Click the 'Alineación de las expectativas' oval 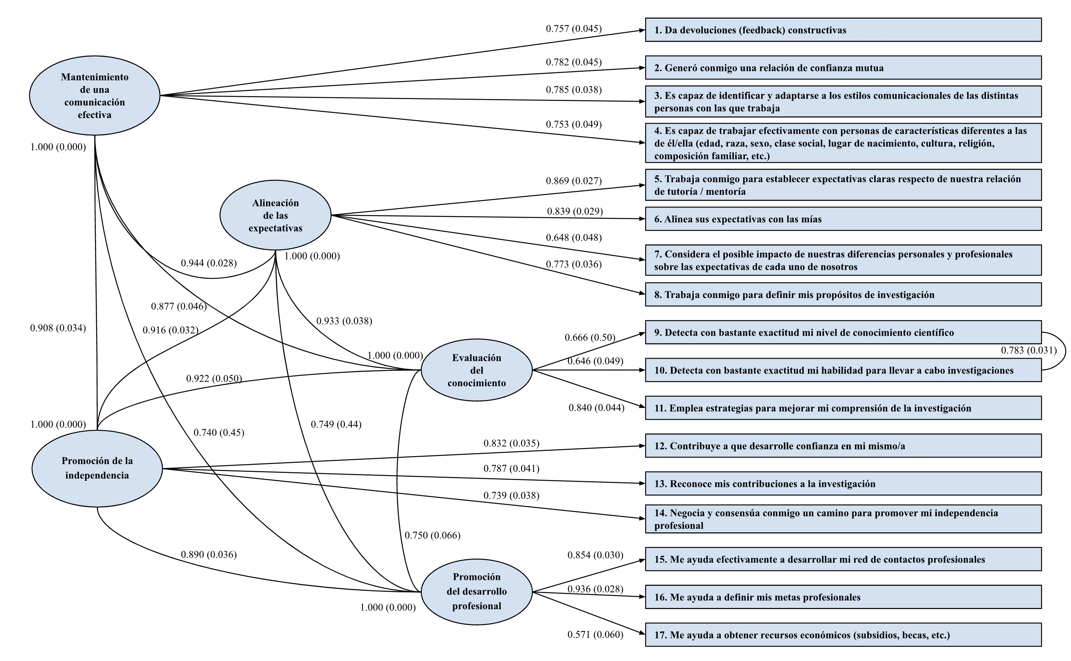pos(275,215)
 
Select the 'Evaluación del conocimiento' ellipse pos(476,370)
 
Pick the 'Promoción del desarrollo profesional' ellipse pos(476,591)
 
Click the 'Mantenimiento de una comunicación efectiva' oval pos(95,95)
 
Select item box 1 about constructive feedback pos(843,30)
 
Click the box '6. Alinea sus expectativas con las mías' pos(843,219)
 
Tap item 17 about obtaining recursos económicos pos(843,635)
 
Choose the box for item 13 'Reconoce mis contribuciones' pos(843,483)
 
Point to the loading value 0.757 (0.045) pos(574,29)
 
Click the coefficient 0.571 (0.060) pos(595,634)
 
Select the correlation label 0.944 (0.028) pos(209,263)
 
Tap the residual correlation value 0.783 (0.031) pos(1029,351)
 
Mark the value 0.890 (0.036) pos(209,555)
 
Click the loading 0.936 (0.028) pos(595,589)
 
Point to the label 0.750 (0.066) pos(432,535)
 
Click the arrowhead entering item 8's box pos(642,293)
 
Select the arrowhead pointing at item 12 pos(642,446)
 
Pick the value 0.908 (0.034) pos(58,328)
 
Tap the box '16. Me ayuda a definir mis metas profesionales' pos(843,597)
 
